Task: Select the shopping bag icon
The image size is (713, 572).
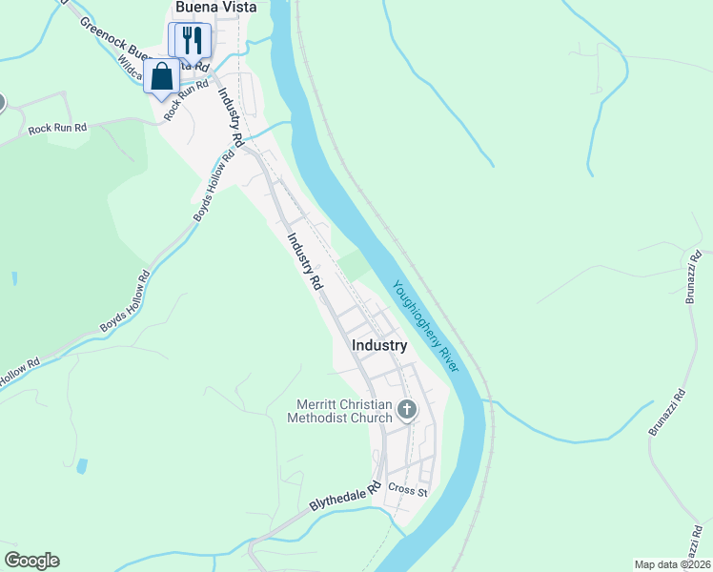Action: pyautogui.click(x=162, y=76)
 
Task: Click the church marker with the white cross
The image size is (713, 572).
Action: pyautogui.click(x=407, y=410)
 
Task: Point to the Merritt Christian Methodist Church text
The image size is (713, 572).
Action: pyautogui.click(x=344, y=410)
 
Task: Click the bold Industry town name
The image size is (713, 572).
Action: pyautogui.click(x=379, y=345)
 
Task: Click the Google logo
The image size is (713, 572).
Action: pyautogui.click(x=31, y=561)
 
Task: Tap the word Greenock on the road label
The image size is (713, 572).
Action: pyautogui.click(x=101, y=33)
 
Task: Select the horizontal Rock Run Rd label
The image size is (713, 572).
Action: pyautogui.click(x=57, y=127)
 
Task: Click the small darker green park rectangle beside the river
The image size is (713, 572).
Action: pyautogui.click(x=354, y=264)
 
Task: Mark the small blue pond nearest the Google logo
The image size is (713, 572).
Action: pyautogui.click(x=82, y=467)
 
